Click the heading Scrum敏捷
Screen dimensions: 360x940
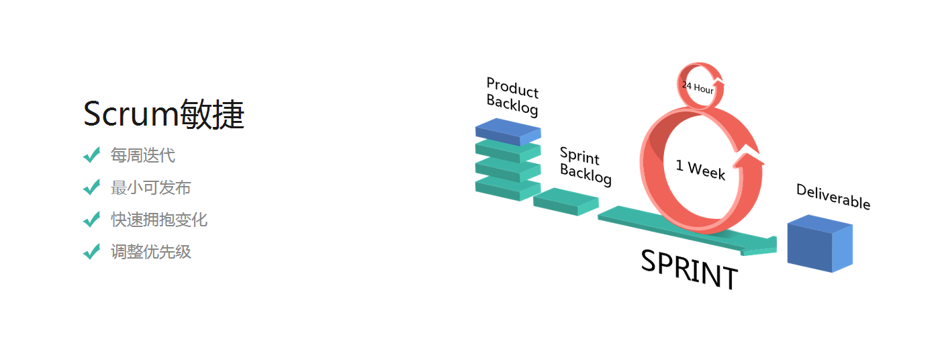(x=164, y=114)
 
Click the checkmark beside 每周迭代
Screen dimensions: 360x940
(x=91, y=155)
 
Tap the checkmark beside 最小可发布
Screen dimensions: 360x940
(x=91, y=187)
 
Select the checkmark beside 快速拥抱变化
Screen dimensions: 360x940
(x=91, y=220)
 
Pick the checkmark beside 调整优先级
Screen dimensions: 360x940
(x=91, y=252)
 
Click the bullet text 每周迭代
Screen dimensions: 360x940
(x=143, y=155)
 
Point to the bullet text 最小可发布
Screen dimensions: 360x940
(x=151, y=187)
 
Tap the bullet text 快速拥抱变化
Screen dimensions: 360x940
(x=159, y=220)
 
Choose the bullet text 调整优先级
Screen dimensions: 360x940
(x=151, y=252)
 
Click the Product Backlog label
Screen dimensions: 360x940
(x=512, y=96)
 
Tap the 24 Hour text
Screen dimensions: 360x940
(x=698, y=87)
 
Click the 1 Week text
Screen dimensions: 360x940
(x=700, y=169)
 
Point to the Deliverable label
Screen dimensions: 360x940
(x=833, y=196)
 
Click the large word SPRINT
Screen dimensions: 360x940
(x=690, y=269)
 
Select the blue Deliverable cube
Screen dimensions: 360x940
(x=819, y=243)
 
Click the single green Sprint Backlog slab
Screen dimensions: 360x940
(x=565, y=201)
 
